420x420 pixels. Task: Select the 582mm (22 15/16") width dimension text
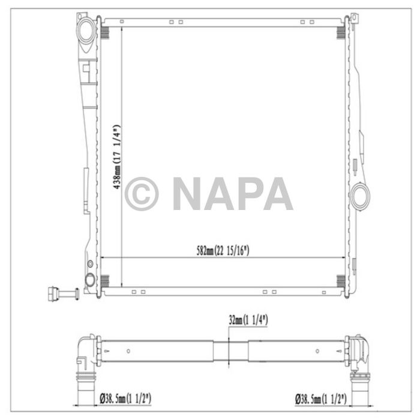click(x=223, y=250)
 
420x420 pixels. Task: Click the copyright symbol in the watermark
click(x=142, y=194)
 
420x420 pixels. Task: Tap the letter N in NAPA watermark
click(x=188, y=194)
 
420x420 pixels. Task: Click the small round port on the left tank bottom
click(x=90, y=279)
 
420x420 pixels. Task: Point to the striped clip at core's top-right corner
click(x=341, y=28)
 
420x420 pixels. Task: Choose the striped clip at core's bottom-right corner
click(x=341, y=280)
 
